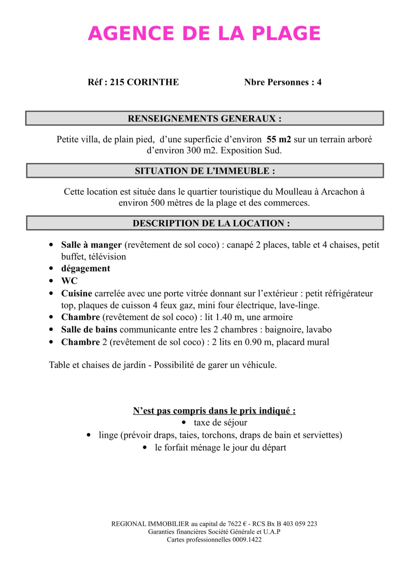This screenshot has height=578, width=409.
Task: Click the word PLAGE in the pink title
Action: coord(286,33)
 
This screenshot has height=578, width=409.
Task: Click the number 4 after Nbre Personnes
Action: coord(319,82)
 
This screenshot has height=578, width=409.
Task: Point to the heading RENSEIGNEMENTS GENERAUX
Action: coord(204,119)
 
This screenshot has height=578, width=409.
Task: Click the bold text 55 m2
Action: coord(279,139)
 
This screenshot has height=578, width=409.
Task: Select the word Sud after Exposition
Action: coord(273,150)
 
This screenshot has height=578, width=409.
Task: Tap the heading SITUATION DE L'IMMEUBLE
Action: coord(205,171)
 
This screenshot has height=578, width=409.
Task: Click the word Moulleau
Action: coord(293,192)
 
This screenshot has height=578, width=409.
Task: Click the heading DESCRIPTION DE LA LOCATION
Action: coord(211,223)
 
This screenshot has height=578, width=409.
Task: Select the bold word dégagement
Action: coord(86,268)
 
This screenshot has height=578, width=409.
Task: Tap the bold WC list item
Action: coord(69,281)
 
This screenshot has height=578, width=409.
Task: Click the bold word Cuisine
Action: coord(76,293)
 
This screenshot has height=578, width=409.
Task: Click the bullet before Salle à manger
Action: coord(51,245)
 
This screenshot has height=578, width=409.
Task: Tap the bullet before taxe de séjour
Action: coord(184,423)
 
